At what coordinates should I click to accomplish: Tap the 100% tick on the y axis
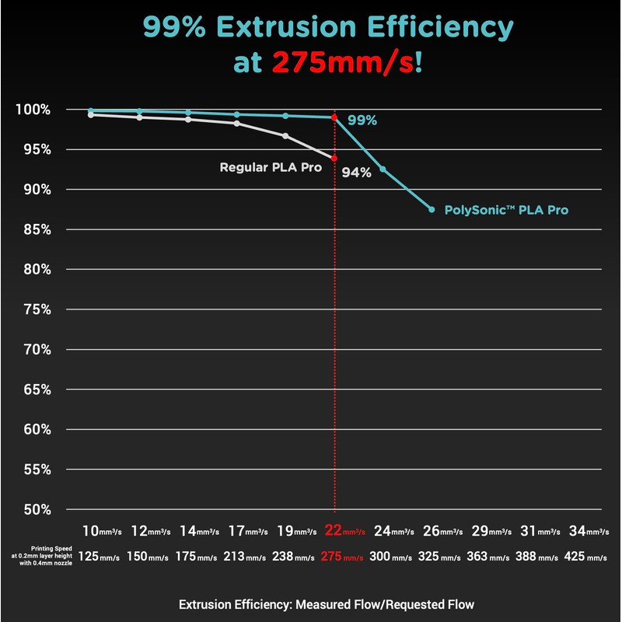click(34, 110)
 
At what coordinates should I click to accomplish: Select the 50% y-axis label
click(37, 509)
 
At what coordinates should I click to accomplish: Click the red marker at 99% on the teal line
click(334, 117)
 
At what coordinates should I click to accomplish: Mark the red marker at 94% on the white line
click(334, 158)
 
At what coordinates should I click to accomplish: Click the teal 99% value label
click(362, 121)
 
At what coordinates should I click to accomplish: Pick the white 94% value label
click(357, 173)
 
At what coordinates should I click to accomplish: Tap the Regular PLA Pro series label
click(271, 167)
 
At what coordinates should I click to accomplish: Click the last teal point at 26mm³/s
click(432, 209)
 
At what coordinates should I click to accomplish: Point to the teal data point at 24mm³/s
click(383, 169)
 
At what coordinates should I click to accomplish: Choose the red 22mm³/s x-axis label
click(342, 532)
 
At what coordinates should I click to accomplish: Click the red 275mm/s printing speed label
click(342, 557)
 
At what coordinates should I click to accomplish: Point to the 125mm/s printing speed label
click(100, 557)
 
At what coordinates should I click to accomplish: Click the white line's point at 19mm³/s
click(285, 136)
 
